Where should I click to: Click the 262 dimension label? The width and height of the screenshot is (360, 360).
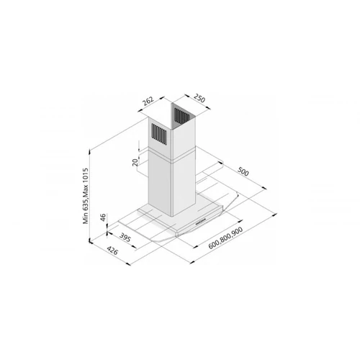pos(148,102)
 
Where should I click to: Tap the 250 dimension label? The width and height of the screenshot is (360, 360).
pos(199,98)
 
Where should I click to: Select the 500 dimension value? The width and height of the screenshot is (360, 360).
pos(243,171)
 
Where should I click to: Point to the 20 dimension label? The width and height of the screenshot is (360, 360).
pos(135,162)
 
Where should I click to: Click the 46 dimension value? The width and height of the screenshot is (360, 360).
pos(103,217)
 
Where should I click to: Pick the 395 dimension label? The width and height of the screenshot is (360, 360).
pos(125,238)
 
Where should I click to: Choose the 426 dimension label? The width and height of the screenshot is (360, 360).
pos(112,251)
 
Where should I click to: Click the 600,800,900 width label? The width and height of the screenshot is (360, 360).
pos(225,238)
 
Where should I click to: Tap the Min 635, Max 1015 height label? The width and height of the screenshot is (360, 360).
pos(86,196)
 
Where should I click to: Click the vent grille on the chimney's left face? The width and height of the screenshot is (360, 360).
pos(159,134)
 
